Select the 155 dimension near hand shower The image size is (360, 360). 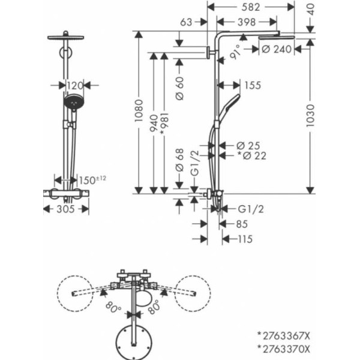tap(253, 85)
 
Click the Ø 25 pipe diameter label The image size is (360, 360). tap(247, 145)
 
